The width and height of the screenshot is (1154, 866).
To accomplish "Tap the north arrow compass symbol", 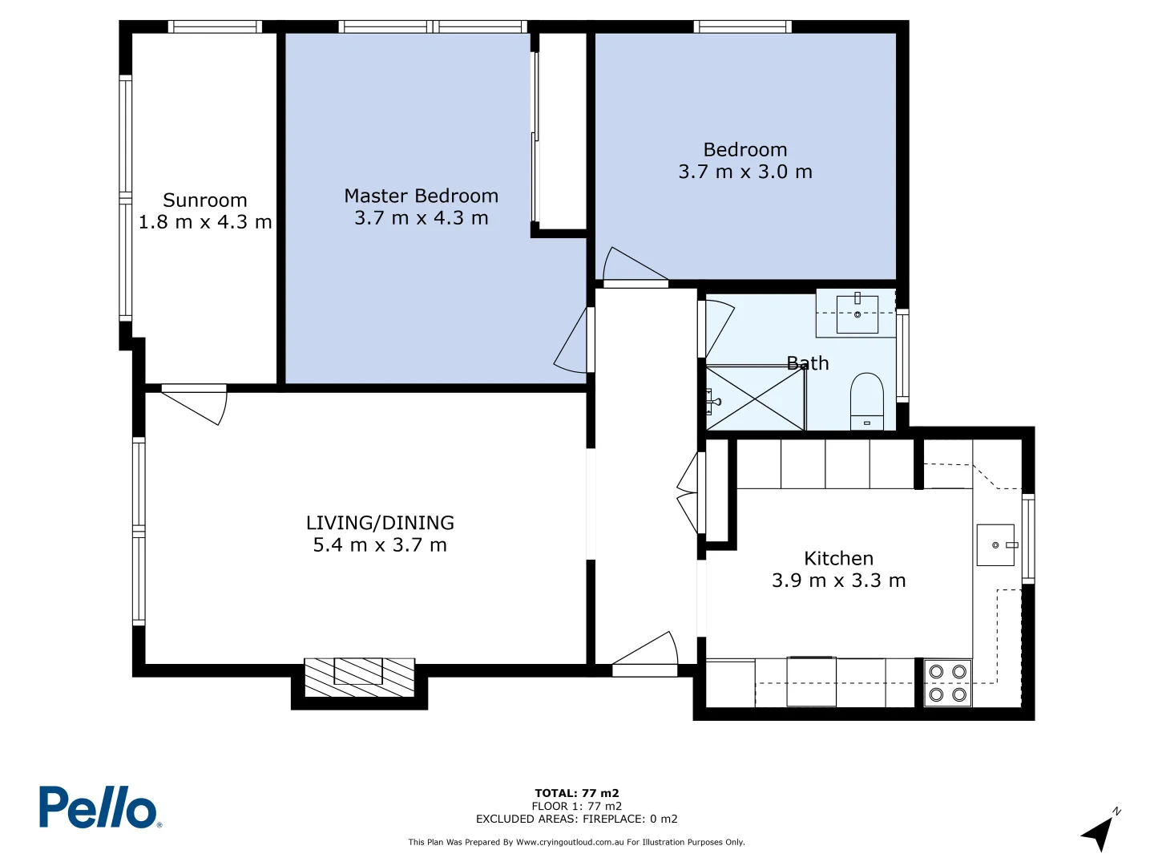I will point(1100,832).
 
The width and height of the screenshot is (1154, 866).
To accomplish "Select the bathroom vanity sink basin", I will point(857,314).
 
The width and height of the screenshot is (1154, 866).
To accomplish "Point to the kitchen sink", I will point(995,545).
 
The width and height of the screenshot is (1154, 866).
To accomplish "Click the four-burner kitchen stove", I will point(947,683).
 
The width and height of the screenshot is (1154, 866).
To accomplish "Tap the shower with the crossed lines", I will point(755,399).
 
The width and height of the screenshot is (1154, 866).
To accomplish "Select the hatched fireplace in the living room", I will point(359,678).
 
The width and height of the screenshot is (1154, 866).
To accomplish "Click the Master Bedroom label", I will point(421,196).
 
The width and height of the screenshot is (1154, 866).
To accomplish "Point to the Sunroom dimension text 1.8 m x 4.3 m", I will point(205,222).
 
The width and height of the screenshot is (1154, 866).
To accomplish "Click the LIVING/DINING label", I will point(380,523).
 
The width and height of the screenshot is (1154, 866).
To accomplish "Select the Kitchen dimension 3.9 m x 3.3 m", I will point(838,581).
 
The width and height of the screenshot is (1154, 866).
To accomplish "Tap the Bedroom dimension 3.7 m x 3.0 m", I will point(745,172).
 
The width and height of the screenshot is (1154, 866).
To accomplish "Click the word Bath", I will point(808,363).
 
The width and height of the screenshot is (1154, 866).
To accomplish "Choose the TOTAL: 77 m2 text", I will point(577,793).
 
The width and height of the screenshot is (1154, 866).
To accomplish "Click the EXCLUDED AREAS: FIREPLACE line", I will point(577,819).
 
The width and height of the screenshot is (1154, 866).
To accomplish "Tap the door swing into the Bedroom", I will point(633,265).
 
